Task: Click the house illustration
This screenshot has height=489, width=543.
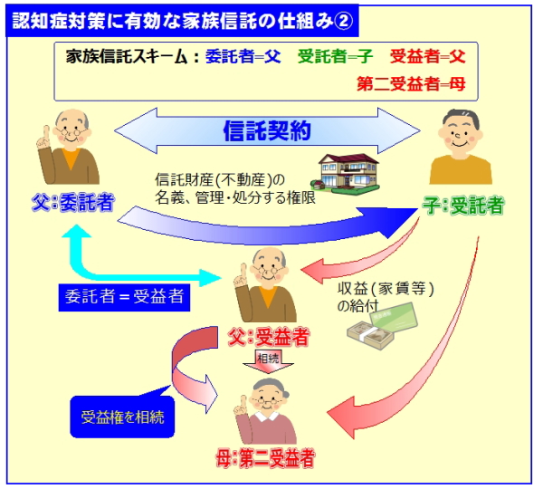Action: pyautogui.click(x=346, y=172)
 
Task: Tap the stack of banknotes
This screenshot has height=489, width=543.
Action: pyautogui.click(x=371, y=335)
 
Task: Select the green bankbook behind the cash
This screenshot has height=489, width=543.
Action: pyautogui.click(x=395, y=317)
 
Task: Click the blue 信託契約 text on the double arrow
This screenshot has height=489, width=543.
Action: pyautogui.click(x=267, y=130)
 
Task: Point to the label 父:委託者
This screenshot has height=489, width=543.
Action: pyautogui.click(x=73, y=203)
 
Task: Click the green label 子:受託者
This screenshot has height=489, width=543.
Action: pyautogui.click(x=462, y=206)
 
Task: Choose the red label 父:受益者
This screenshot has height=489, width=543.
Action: pyautogui.click(x=269, y=337)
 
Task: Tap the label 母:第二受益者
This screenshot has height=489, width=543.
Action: pyautogui.click(x=265, y=458)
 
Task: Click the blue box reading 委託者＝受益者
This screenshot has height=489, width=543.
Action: pyautogui.click(x=124, y=297)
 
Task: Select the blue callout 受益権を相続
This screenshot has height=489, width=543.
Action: pyautogui.click(x=122, y=417)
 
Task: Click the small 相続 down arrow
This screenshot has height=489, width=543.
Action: pyautogui.click(x=269, y=362)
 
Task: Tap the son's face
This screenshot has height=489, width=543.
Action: pyautogui.click(x=461, y=134)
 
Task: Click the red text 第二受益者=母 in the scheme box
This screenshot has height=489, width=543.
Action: pyautogui.click(x=411, y=84)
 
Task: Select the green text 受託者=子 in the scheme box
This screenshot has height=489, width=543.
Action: pyautogui.click(x=335, y=56)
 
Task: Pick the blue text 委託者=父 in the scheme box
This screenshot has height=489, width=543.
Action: pyautogui.click(x=243, y=56)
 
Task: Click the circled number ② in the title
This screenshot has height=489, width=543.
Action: pyautogui.click(x=344, y=21)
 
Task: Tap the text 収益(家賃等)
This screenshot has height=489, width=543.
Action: pyautogui.click(x=386, y=289)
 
